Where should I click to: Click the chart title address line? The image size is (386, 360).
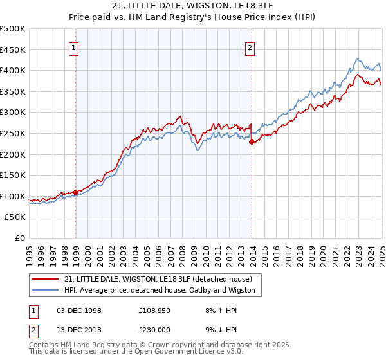click(193, 6)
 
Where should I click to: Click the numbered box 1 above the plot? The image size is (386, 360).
click(74, 47)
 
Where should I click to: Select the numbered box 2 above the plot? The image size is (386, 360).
click(250, 47)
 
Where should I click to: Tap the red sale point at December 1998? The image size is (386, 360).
click(76, 192)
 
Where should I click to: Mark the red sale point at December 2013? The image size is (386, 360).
click(252, 142)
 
